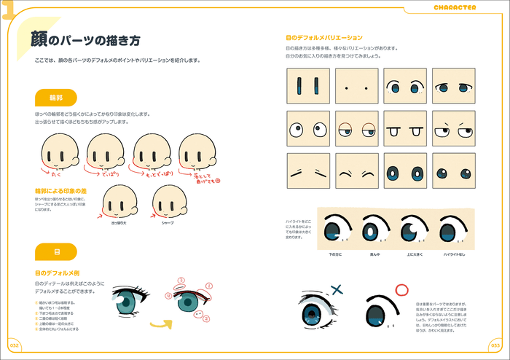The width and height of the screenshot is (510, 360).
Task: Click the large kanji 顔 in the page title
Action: click(x=40, y=40)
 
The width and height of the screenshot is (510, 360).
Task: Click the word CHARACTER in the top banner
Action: click(x=455, y=7)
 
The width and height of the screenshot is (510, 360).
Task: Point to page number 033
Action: click(x=498, y=345)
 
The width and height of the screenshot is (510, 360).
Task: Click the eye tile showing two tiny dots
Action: click(x=356, y=87)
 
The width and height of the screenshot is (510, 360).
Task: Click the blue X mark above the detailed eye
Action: click(x=336, y=289)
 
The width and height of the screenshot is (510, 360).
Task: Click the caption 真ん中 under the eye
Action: click(x=374, y=254)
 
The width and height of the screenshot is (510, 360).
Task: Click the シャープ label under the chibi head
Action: click(x=168, y=222)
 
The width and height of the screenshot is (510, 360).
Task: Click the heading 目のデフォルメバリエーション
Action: click(x=324, y=37)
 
